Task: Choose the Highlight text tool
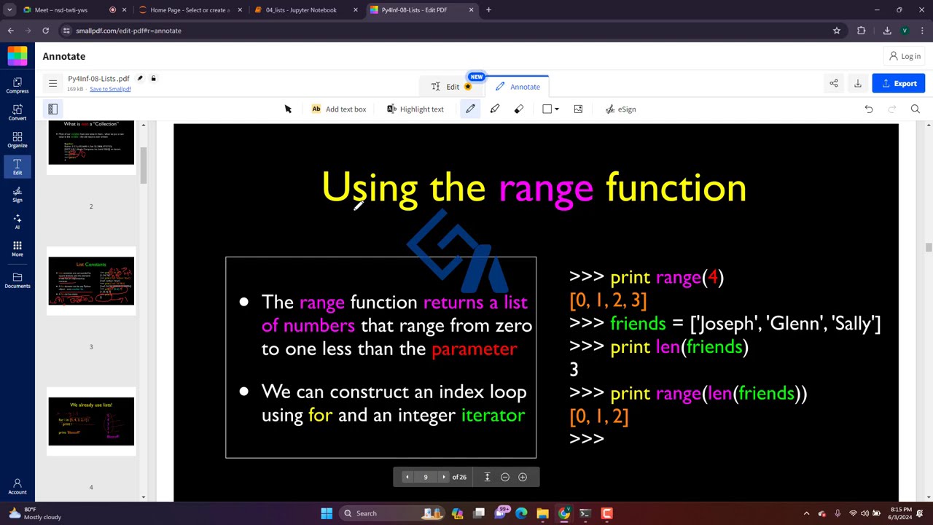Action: point(415,109)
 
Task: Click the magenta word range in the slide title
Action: point(545,188)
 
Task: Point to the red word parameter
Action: point(474,349)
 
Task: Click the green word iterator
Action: point(493,415)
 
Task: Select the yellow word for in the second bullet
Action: point(320,415)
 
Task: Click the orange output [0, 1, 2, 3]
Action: point(608,300)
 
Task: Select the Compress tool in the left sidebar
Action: point(17,85)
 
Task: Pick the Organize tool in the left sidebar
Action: point(17,139)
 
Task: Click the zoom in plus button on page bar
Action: point(523,477)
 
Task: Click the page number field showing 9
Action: point(426,477)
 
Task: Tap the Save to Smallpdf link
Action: point(110,89)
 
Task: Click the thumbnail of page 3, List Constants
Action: point(91,281)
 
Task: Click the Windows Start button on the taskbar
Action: point(327,513)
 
